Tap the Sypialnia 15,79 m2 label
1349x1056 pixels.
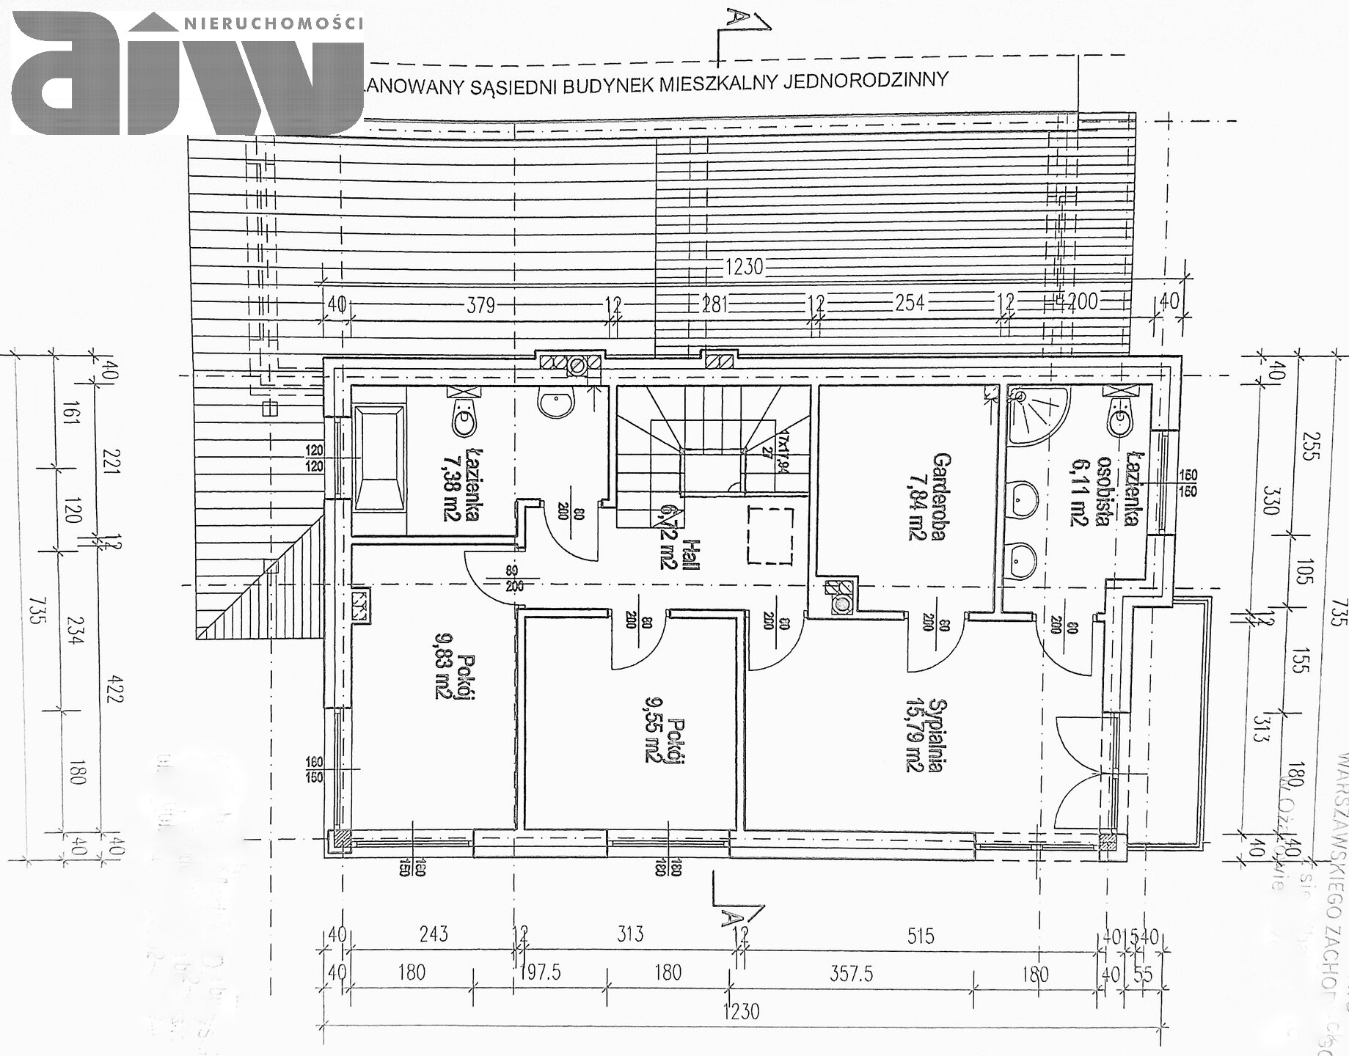coord(924,736)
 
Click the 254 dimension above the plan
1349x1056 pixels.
coord(910,303)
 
